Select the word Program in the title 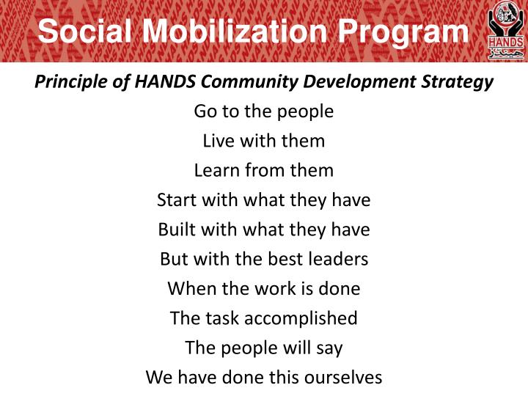(402, 32)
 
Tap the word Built (176, 230)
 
